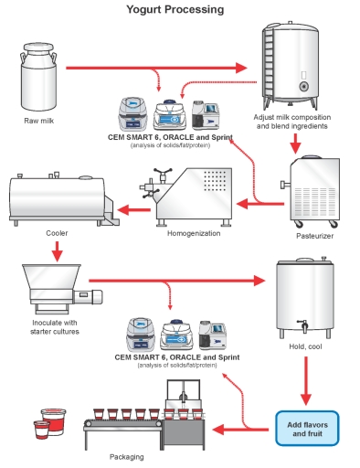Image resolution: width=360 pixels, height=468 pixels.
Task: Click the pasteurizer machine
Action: click(314, 191)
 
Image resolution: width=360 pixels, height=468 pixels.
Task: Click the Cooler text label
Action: click(56, 233)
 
